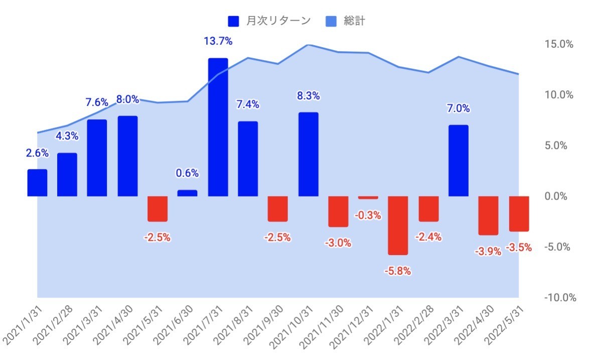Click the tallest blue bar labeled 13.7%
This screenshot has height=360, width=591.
click(218, 127)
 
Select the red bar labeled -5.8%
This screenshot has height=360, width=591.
click(398, 225)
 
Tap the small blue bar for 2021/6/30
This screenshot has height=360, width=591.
click(187, 193)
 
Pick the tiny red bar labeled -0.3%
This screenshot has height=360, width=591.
click(368, 198)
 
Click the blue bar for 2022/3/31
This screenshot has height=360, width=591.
click(458, 160)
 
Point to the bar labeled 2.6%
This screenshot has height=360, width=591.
click(37, 183)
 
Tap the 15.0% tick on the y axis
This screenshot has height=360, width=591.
click(558, 44)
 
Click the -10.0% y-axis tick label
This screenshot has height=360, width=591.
click(558, 297)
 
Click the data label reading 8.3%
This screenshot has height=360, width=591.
click(308, 96)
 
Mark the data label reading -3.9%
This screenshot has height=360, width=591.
click(488, 252)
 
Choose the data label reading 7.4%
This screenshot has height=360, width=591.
click(248, 105)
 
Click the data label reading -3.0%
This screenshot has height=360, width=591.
click(338, 243)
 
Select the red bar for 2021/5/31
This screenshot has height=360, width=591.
click(157, 209)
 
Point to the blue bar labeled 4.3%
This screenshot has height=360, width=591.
click(67, 174)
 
